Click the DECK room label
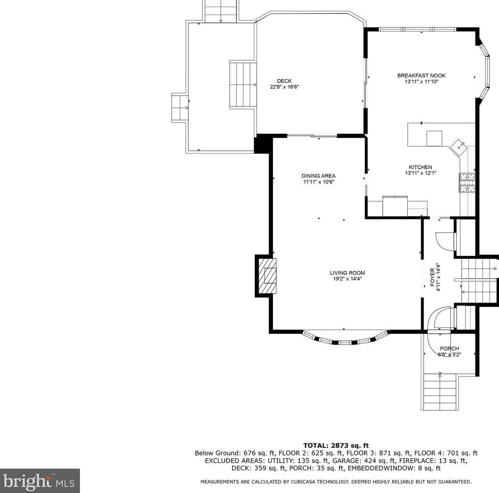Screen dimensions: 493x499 click(284, 81)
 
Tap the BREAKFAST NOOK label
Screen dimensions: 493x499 click(421, 75)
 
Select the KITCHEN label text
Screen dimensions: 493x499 click(420, 167)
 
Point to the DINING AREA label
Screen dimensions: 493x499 click(319, 176)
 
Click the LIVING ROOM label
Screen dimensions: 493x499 click(347, 273)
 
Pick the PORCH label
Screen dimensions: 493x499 click(449, 349)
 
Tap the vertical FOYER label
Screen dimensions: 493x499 click(433, 278)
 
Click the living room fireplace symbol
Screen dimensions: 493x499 click(267, 276)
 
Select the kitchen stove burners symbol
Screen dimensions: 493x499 click(467, 183)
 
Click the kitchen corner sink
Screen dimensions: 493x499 click(459, 147)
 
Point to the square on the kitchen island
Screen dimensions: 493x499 click(434, 139)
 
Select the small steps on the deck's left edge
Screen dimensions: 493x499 click(179, 108)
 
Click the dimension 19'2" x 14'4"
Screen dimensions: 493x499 click(347, 279)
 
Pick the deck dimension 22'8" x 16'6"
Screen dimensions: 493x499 click(284, 87)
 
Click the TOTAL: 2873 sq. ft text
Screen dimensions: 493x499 click(336, 445)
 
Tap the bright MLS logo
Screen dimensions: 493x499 click(40, 481)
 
